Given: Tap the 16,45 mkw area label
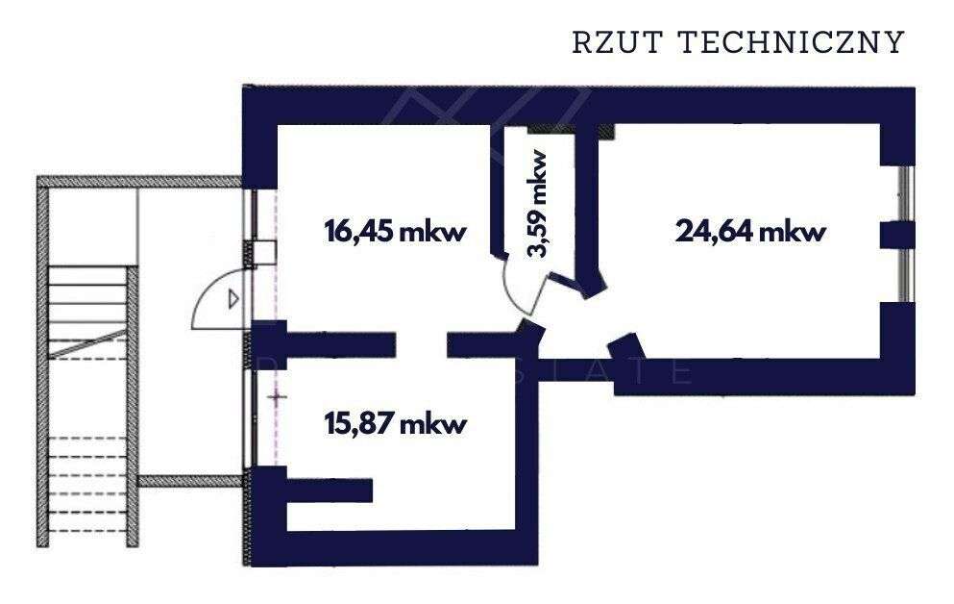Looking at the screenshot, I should (394, 232).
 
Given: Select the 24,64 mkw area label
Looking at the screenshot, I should (751, 232).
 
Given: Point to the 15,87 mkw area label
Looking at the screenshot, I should (395, 423).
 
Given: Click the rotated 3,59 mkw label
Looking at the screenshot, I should (538, 204).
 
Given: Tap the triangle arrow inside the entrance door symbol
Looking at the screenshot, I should (232, 299).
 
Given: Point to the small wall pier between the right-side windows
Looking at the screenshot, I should (897, 234).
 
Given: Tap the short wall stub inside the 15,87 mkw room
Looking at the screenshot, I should (328, 491).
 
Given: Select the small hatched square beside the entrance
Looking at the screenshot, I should (264, 251).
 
